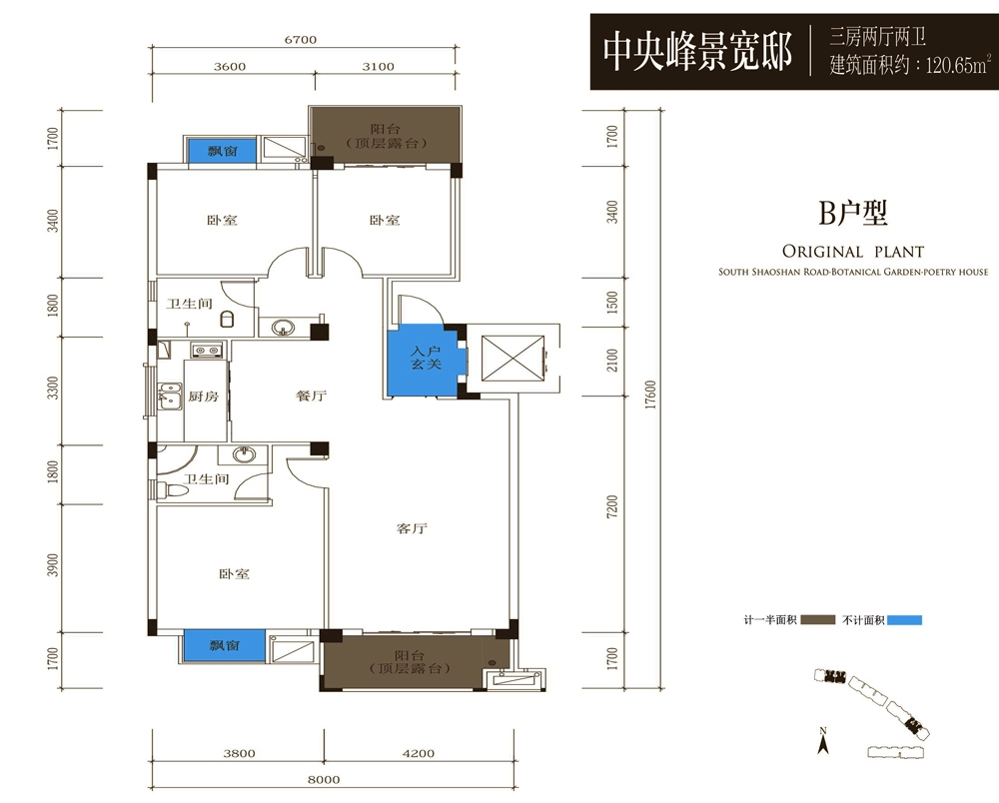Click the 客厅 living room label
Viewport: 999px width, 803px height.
pyautogui.click(x=412, y=528)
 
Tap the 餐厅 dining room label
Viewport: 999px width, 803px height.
pyautogui.click(x=311, y=397)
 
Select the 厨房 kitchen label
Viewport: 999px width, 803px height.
pyautogui.click(x=203, y=397)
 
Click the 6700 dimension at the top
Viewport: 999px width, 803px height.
pyautogui.click(x=300, y=40)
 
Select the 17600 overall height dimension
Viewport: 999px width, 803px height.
pyautogui.click(x=650, y=395)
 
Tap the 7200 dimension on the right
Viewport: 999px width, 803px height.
pyautogui.click(x=612, y=507)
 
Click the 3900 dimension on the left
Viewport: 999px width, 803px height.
pyautogui.click(x=53, y=565)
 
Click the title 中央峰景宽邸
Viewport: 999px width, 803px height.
pyautogui.click(x=697, y=52)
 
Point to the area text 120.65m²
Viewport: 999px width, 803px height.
pyautogui.click(x=958, y=64)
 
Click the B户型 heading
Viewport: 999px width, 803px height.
pyautogui.click(x=852, y=213)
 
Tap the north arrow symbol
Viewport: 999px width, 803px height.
pyautogui.click(x=822, y=741)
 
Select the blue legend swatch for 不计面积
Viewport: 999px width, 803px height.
pyautogui.click(x=904, y=620)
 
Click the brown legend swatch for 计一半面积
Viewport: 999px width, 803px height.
pyautogui.click(x=817, y=619)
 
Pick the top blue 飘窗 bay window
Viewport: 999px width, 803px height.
pyautogui.click(x=222, y=151)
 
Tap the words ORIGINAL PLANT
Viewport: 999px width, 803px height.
pyautogui.click(x=853, y=251)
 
